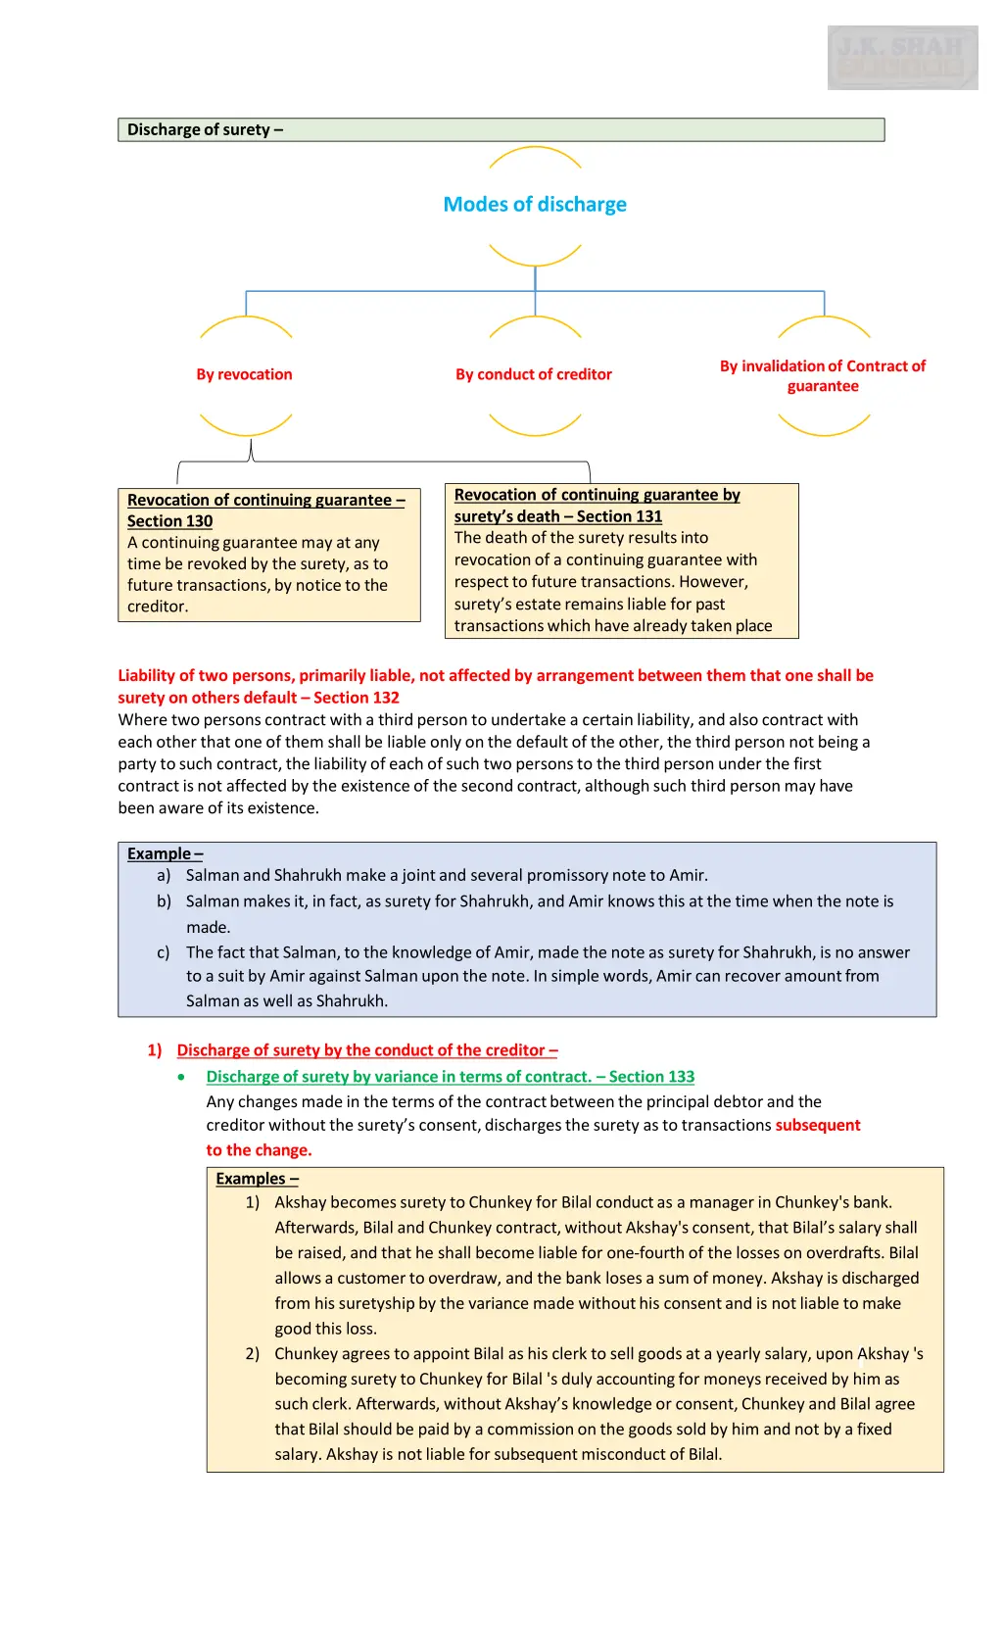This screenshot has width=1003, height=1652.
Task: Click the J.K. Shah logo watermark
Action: coord(902,58)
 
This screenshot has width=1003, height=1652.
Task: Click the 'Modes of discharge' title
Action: coord(535,205)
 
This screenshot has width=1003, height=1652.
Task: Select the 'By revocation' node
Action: coord(244,374)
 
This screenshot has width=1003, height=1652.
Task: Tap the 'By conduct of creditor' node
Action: coord(534,374)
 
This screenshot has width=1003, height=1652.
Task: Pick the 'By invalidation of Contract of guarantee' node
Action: coord(823,376)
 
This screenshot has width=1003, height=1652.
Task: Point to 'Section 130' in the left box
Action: coord(169,521)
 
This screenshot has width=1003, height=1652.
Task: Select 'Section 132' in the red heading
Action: coord(357,698)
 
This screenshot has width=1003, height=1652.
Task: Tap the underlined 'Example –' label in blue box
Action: coord(165,853)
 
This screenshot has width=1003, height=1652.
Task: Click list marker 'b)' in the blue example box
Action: coord(164,901)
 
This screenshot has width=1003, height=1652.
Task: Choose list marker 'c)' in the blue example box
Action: coord(164,952)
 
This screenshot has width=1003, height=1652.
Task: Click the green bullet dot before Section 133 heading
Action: coord(182,1077)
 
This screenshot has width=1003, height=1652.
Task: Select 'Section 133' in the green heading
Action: coord(651,1077)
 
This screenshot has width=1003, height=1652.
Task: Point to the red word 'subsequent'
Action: coord(818,1125)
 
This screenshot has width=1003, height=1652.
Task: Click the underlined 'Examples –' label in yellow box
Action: coord(257,1179)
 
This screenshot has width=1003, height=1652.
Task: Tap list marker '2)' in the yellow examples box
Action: coord(253,1354)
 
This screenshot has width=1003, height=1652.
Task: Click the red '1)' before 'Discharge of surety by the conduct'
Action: coord(155,1050)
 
